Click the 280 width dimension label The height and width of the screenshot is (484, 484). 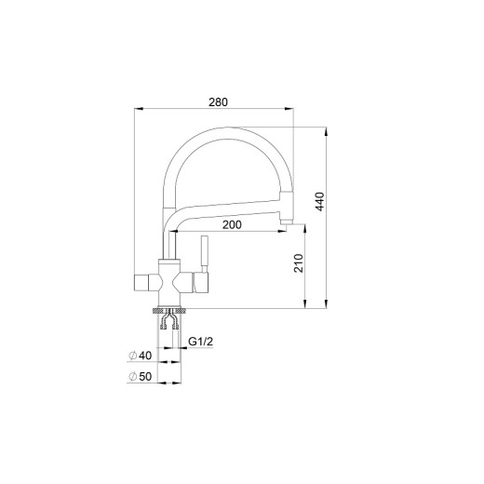(218, 102)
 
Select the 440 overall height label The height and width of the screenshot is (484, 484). (320, 202)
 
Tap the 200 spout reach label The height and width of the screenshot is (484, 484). (232, 225)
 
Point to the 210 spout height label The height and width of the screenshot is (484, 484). (299, 263)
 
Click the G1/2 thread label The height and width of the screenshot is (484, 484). (201, 342)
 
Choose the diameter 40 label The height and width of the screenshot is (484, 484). (141, 356)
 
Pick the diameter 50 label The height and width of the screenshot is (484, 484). (141, 377)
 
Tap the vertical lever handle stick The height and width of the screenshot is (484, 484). (205, 254)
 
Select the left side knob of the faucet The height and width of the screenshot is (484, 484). (141, 283)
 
